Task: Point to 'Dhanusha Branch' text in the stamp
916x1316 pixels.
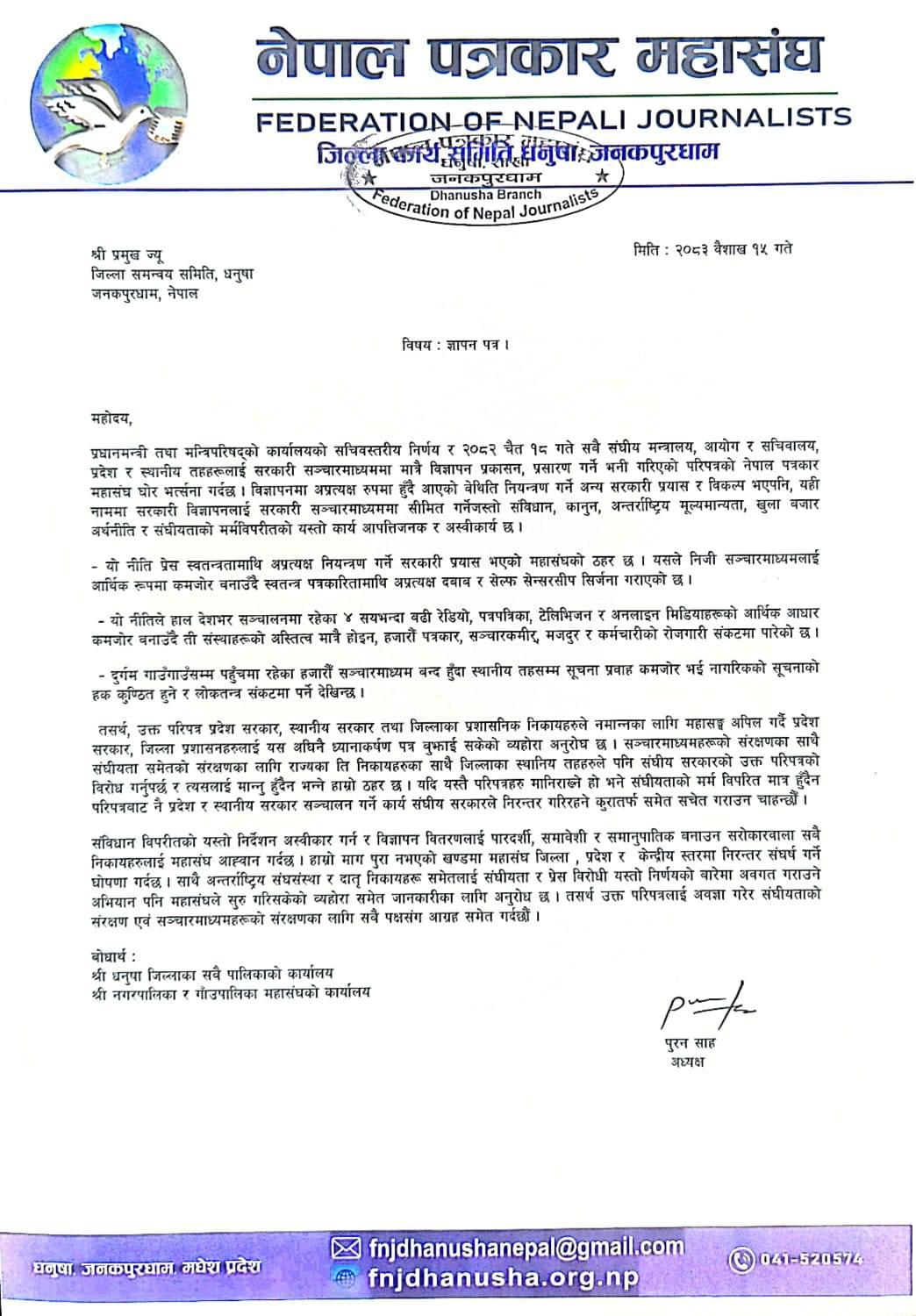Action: click(x=485, y=194)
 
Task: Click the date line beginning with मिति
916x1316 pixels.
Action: click(x=712, y=249)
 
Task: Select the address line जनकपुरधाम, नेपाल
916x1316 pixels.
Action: click(x=144, y=294)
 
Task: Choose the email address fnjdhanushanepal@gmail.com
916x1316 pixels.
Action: click(x=526, y=1247)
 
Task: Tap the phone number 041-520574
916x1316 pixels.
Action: click(x=808, y=1259)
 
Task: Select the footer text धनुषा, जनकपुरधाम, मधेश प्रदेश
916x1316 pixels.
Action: click(x=147, y=1268)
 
